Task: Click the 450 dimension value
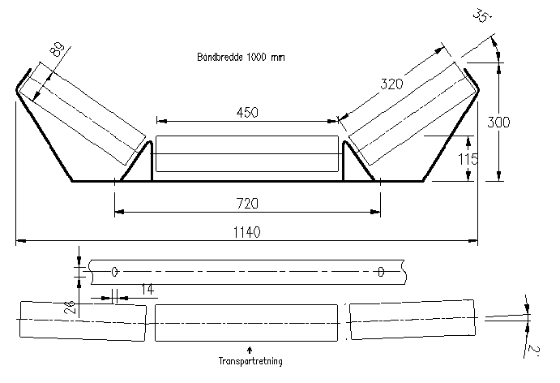tap(247, 113)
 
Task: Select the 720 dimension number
tap(247, 204)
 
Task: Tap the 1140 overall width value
tap(247, 232)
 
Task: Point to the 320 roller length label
tap(391, 84)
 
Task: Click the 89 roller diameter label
tap(58, 49)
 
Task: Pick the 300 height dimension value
tap(498, 123)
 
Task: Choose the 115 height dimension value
tap(468, 159)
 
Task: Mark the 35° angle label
tap(482, 15)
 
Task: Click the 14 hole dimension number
tap(147, 290)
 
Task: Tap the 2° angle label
tap(533, 350)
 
